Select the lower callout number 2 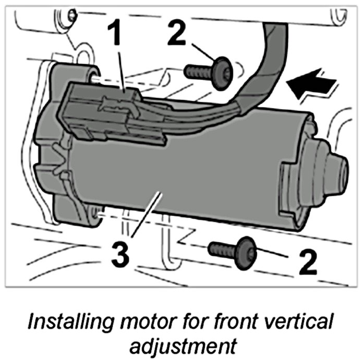point(308,262)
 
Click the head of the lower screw point(244,253)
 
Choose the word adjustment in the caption point(180,344)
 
